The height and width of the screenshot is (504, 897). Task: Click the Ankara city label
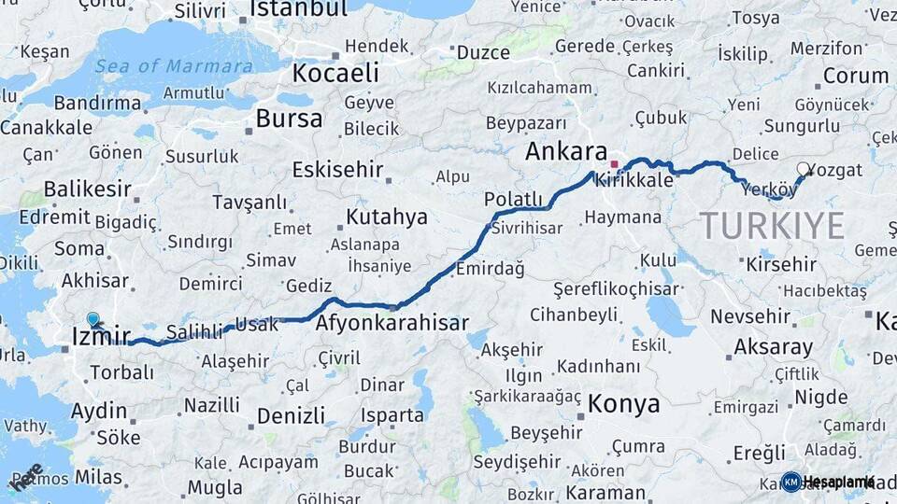tap(566, 151)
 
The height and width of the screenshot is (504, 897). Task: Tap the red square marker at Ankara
tap(614, 163)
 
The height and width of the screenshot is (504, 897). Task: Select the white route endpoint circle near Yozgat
tap(803, 169)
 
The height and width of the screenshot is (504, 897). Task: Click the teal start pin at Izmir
tap(93, 319)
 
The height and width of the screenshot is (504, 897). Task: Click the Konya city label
tap(623, 404)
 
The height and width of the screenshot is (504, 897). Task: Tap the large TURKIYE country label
tap(772, 226)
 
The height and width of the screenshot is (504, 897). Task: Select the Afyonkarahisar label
tap(392, 323)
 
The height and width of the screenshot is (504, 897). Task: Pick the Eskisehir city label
tap(337, 170)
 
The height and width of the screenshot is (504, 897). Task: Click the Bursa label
tap(289, 119)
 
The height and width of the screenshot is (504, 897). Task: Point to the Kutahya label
tap(386, 217)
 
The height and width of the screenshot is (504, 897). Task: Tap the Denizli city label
tap(291, 415)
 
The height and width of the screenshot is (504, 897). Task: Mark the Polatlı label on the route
tap(513, 199)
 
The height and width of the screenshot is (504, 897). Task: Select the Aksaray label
tap(773, 347)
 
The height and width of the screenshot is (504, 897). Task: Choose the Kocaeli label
tap(335, 73)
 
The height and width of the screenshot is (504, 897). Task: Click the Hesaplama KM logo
tap(828, 482)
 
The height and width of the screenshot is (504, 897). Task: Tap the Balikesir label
tap(87, 189)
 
